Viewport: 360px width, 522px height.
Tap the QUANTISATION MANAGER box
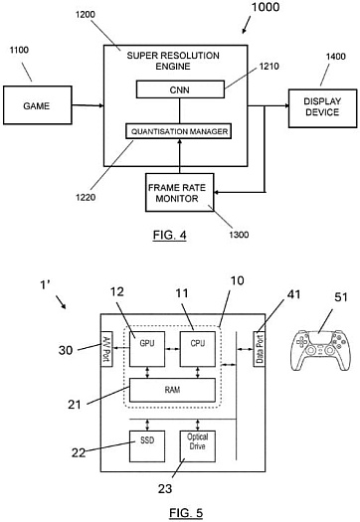click(181, 130)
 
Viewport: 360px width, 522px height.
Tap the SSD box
click(138, 440)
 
